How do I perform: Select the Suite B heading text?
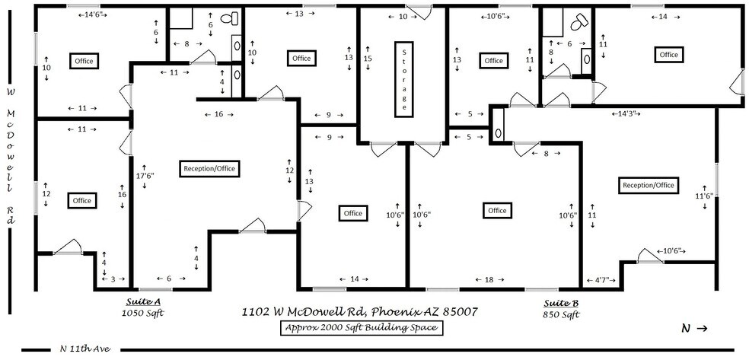click(559, 302)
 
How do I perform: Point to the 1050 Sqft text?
click(143, 313)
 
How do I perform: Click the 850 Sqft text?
click(559, 314)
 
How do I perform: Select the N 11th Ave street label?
click(85, 349)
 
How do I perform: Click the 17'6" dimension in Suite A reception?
click(144, 175)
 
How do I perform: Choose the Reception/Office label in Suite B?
click(649, 185)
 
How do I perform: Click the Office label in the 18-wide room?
click(497, 210)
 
